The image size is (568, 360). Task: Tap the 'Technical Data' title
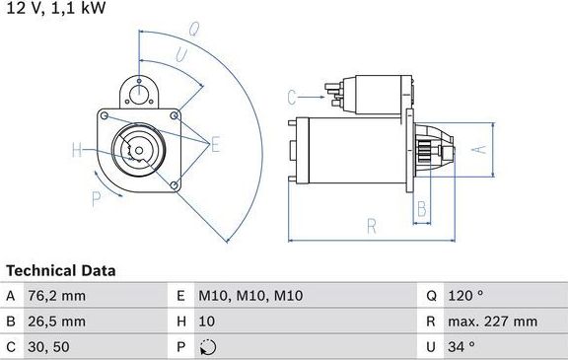[61, 270]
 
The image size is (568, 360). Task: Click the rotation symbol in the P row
[207, 347]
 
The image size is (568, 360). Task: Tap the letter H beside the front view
[76, 151]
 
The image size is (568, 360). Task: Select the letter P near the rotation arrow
[95, 198]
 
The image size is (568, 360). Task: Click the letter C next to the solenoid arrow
[292, 98]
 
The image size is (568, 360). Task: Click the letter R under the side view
[372, 226]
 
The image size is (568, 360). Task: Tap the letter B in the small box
[421, 208]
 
